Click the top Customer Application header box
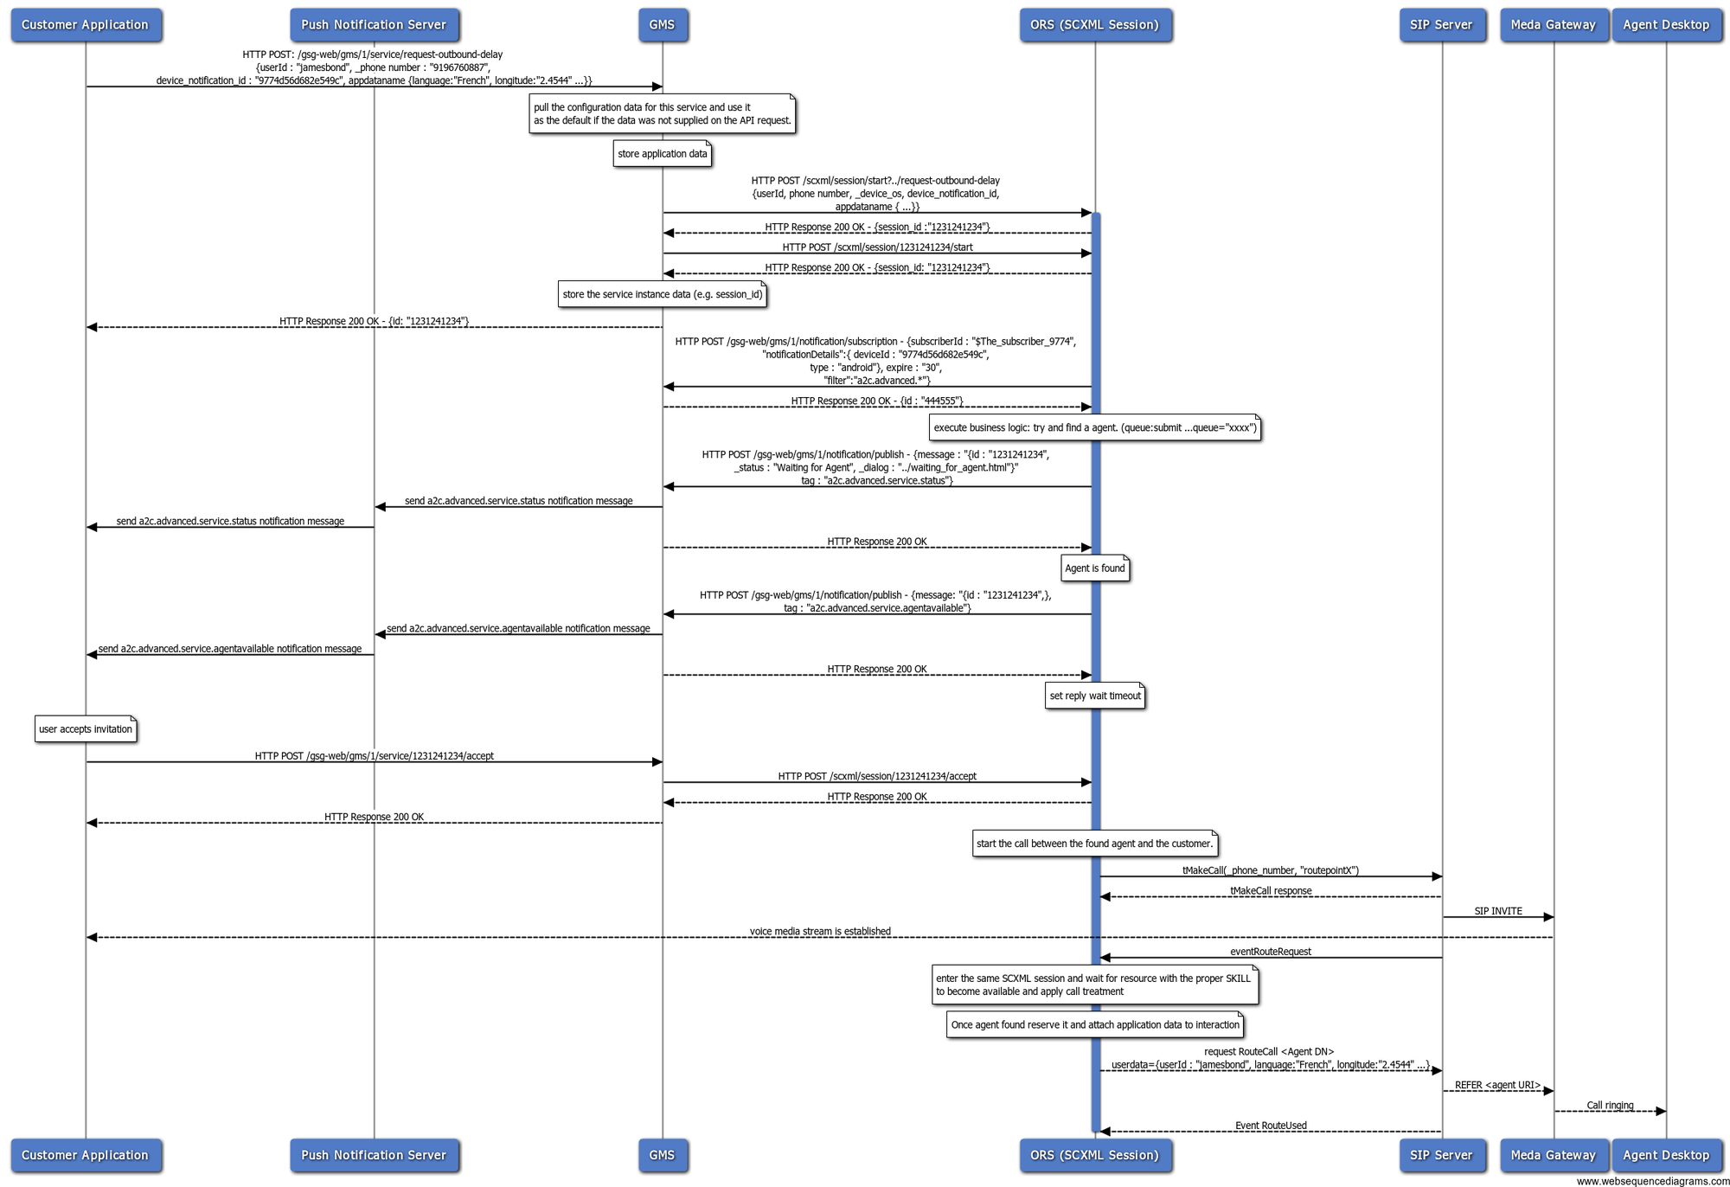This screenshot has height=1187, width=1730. [85, 25]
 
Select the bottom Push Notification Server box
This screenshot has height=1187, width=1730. [374, 1155]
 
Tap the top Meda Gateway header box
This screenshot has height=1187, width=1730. [1553, 25]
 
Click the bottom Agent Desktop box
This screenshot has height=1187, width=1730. [1665, 1155]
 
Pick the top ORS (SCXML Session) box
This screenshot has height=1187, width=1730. [1094, 25]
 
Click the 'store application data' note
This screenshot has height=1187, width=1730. [662, 154]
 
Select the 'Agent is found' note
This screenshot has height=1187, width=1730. [1094, 568]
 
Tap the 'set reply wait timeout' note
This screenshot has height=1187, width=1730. [1094, 696]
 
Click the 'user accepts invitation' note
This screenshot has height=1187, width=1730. [85, 729]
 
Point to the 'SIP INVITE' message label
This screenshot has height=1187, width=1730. [1497, 911]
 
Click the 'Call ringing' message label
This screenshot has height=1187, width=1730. [1609, 1105]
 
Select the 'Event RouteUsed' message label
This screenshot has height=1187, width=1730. [1270, 1126]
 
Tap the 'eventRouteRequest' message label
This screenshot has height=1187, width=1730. [1270, 952]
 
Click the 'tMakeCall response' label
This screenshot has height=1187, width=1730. [1270, 890]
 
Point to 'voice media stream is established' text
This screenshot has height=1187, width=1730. [819, 931]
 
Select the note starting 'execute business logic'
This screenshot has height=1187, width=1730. [1094, 427]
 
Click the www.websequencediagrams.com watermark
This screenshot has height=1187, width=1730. [1651, 1181]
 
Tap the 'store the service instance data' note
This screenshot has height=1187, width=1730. [662, 294]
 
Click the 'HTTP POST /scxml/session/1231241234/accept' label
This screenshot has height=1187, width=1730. [876, 776]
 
